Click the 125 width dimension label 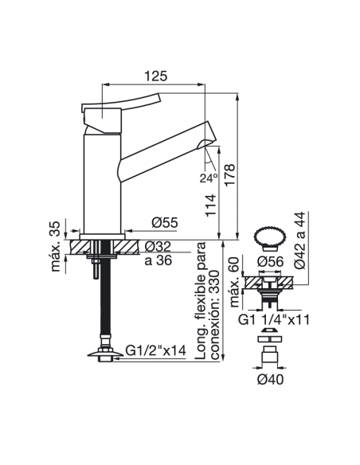pyautogui.click(x=155, y=76)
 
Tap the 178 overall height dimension pyautogui.click(x=230, y=175)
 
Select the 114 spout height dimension pyautogui.click(x=210, y=205)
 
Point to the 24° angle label pyautogui.click(x=209, y=178)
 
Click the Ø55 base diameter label pyautogui.click(x=165, y=222)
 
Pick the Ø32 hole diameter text pyautogui.click(x=158, y=246)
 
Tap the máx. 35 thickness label pyautogui.click(x=56, y=247)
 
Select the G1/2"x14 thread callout pyautogui.click(x=155, y=350)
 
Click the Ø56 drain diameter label pyautogui.click(x=270, y=261)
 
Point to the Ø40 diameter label pyautogui.click(x=270, y=379)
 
